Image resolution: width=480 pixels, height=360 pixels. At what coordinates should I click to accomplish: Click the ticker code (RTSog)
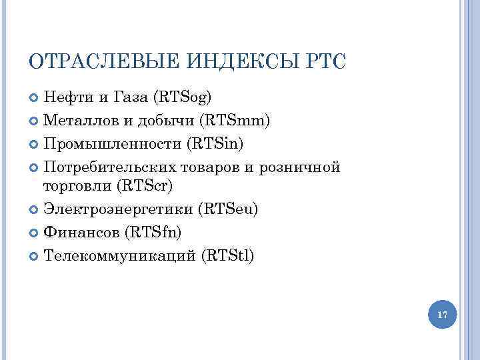[x=182, y=98]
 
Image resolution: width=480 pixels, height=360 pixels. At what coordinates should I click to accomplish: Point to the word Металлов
[x=75, y=121]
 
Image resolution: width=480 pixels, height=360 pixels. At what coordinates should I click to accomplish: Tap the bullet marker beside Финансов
[x=35, y=232]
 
